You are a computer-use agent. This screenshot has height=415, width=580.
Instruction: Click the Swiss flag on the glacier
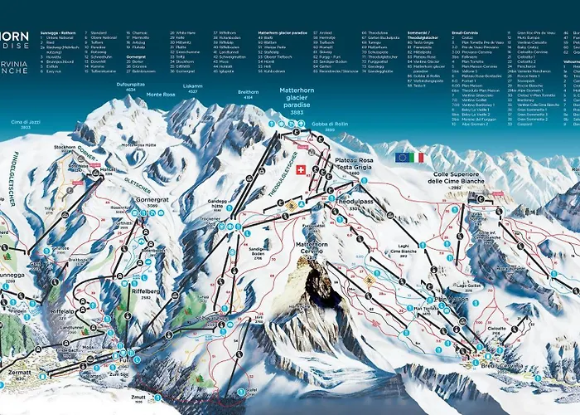click(301, 170)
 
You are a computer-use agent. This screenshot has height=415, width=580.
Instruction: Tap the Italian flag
click(418, 157)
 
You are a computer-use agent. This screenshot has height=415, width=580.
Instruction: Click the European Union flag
click(403, 157)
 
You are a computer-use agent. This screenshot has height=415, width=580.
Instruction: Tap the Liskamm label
click(192, 86)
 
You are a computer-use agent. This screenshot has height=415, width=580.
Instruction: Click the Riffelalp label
click(64, 310)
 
